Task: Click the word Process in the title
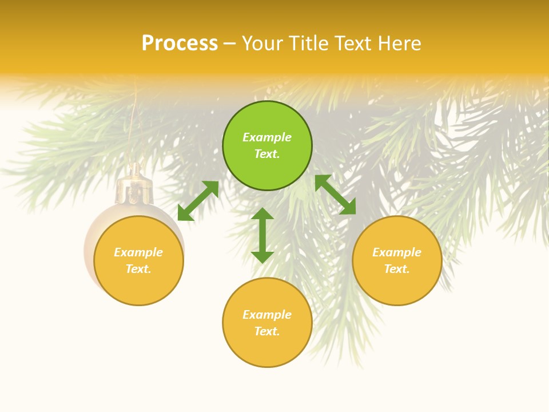(180, 43)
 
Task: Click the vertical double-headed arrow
(262, 235)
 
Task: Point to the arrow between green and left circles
(198, 201)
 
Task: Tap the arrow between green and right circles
(335, 195)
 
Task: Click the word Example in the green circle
(267, 137)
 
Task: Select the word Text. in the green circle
(267, 154)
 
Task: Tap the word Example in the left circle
(138, 252)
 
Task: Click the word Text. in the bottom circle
(267, 331)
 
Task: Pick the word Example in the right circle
(397, 252)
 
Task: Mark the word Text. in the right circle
(397, 269)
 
